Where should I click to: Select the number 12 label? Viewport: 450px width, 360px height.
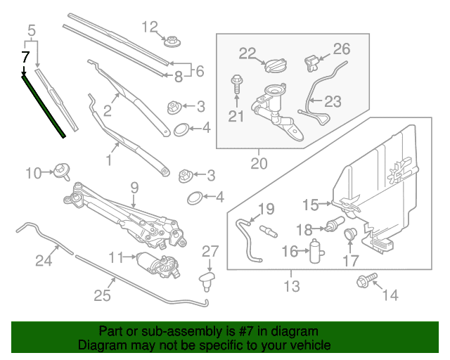point(150,28)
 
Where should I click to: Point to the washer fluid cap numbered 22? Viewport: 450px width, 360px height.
point(272,65)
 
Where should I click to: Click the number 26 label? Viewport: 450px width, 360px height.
point(340,49)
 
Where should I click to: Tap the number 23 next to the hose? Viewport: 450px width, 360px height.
point(332,102)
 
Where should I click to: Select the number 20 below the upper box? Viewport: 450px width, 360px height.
point(259,164)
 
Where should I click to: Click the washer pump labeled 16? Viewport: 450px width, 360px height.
point(316,250)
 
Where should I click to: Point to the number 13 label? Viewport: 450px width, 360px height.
point(291,286)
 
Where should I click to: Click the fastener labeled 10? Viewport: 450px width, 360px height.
point(62,171)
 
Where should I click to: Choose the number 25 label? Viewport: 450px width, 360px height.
point(103,295)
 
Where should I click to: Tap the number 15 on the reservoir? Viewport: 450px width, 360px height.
point(311,205)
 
